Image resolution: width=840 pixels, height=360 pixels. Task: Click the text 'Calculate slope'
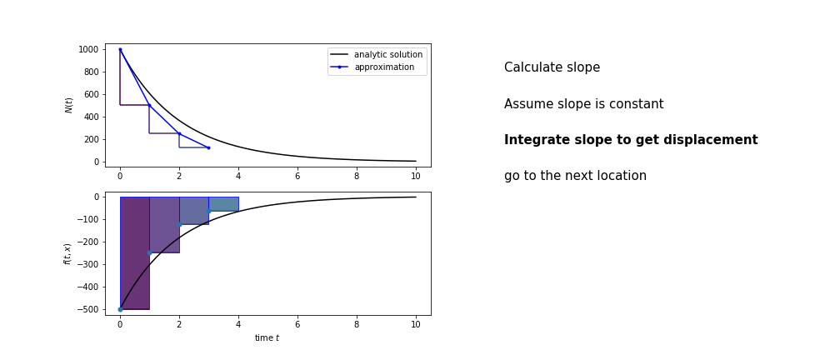(x=552, y=67)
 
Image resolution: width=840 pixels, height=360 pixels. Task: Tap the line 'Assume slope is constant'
(x=583, y=104)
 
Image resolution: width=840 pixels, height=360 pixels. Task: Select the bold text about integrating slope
(x=631, y=140)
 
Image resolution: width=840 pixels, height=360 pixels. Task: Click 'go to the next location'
(x=575, y=176)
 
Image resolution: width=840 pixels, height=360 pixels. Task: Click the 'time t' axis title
(x=267, y=337)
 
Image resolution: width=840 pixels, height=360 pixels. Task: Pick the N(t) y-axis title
(x=69, y=106)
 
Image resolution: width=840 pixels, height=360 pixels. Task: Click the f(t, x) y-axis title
(x=67, y=253)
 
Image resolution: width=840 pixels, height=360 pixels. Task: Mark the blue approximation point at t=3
(x=208, y=147)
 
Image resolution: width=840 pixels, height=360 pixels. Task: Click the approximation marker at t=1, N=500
(x=149, y=106)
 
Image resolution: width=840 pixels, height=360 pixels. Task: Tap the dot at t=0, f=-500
(x=120, y=310)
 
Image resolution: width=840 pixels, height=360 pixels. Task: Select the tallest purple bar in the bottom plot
(x=135, y=253)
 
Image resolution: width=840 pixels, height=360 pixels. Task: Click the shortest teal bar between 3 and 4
(x=223, y=204)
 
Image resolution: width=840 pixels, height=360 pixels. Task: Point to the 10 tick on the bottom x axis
(x=416, y=325)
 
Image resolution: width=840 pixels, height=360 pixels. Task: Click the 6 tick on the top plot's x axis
(x=297, y=177)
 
